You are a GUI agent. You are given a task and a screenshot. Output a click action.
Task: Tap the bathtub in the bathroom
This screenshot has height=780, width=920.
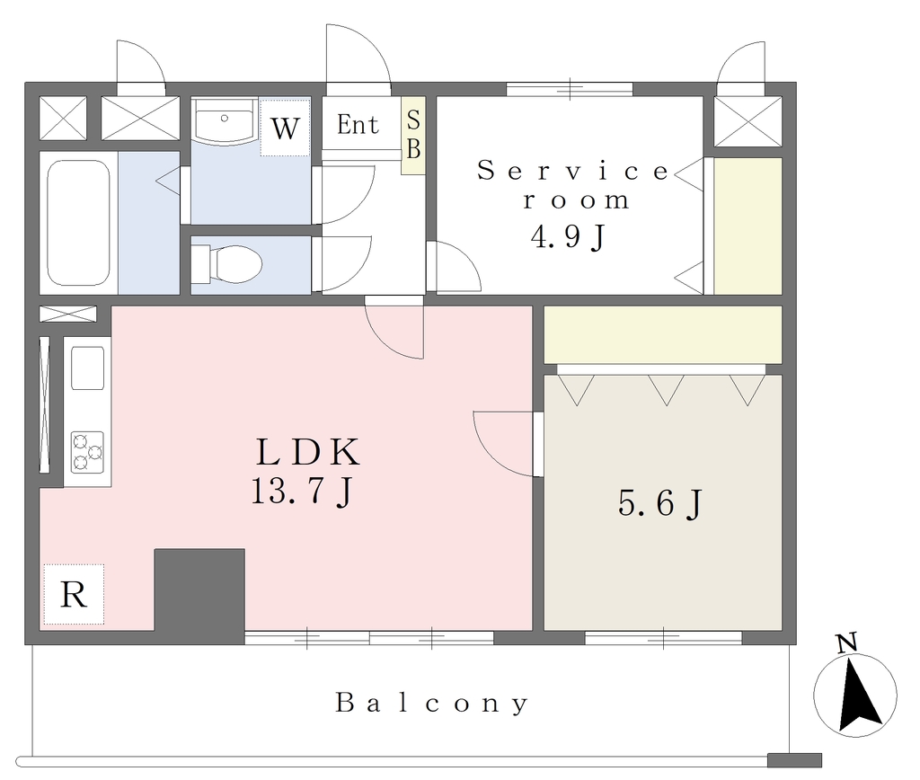click(x=78, y=223)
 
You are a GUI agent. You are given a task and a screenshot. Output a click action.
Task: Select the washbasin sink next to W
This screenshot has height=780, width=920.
click(x=225, y=120)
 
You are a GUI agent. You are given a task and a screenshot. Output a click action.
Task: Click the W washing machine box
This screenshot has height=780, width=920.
click(x=285, y=128)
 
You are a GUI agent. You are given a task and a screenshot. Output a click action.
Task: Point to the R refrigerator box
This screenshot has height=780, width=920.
click(x=74, y=595)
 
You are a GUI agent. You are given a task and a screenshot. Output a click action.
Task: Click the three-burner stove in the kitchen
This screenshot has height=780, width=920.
click(x=87, y=452)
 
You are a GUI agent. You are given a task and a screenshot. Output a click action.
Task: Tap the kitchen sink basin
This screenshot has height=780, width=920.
click(x=87, y=368)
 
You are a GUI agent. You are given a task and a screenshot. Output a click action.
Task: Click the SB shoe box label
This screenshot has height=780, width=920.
click(x=413, y=135)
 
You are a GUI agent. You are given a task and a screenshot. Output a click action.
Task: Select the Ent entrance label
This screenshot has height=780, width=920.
click(x=358, y=125)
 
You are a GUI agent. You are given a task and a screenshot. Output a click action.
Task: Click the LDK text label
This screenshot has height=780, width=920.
click(x=308, y=452)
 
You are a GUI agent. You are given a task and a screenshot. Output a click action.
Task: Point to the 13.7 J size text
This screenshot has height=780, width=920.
click(x=302, y=492)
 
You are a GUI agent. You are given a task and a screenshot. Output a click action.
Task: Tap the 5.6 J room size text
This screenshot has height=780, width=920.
click(x=660, y=503)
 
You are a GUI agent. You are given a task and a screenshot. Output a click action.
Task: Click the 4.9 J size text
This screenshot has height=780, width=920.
click(x=569, y=236)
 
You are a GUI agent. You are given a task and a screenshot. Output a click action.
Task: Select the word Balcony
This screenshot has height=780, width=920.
click(x=432, y=703)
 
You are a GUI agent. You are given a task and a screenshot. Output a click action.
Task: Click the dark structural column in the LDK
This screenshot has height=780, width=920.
click(x=199, y=596)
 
